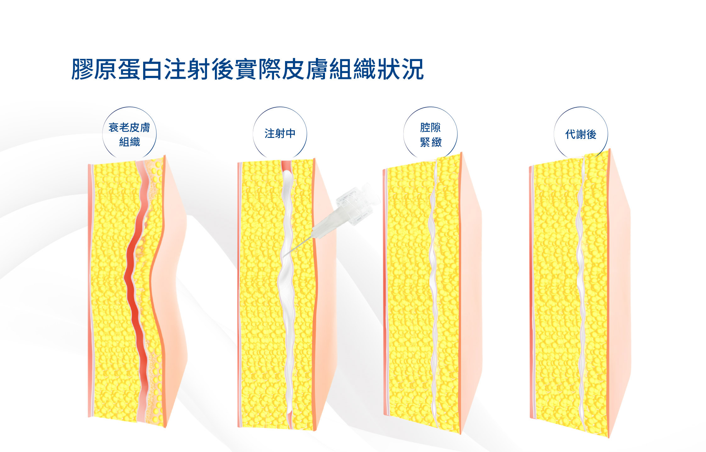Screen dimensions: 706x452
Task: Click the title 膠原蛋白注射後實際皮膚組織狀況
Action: tap(248, 69)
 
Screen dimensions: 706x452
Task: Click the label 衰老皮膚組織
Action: tap(129, 134)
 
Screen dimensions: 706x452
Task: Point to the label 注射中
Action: tap(280, 133)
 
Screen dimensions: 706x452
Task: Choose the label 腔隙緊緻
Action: tap(431, 134)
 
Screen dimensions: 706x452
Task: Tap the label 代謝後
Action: tap(581, 134)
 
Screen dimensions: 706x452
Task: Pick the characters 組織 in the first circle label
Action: tap(130, 142)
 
